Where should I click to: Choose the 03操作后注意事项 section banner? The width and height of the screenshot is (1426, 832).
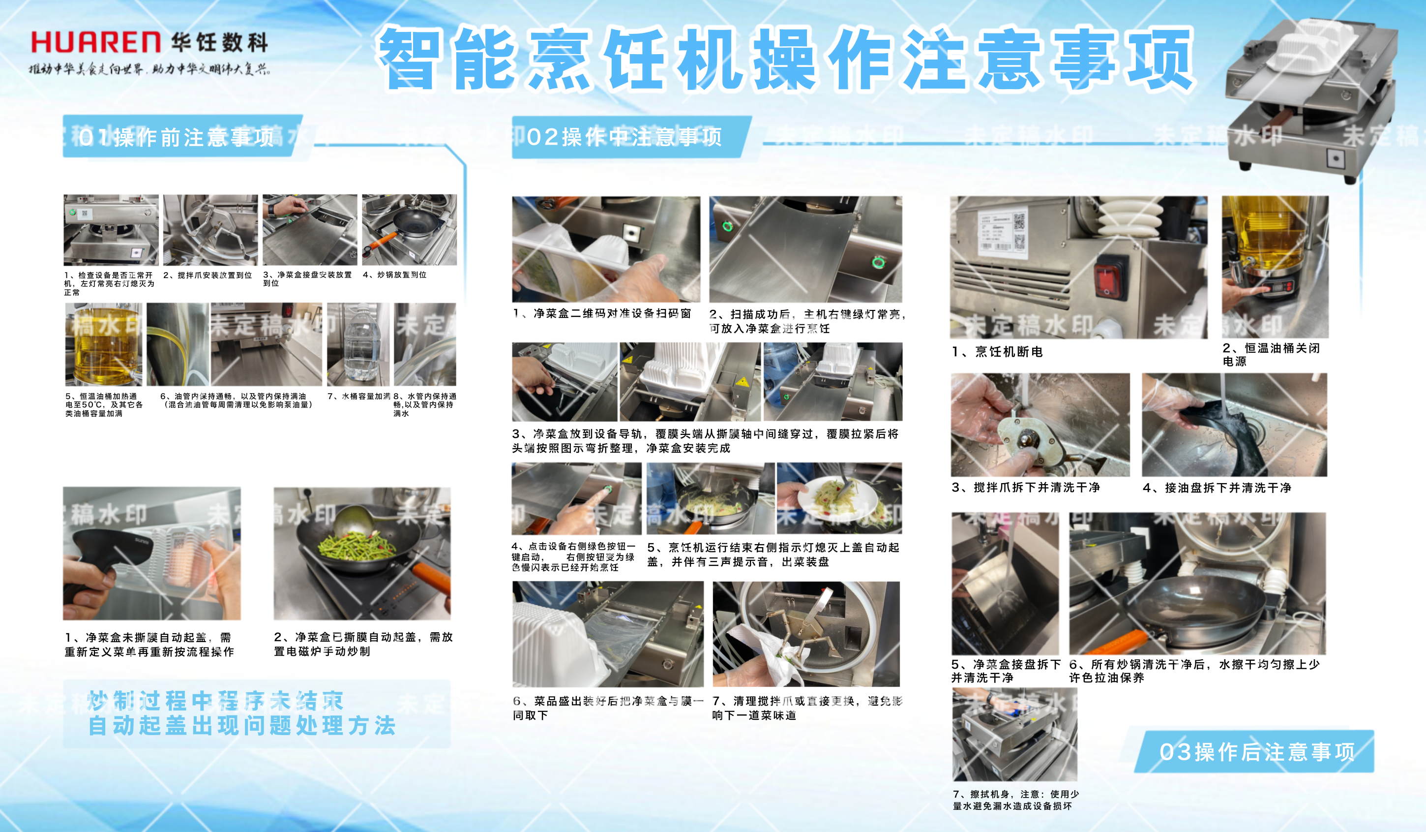1256,752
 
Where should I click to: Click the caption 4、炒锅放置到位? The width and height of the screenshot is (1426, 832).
394,275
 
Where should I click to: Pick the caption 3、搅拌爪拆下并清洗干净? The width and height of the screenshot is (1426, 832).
1025,487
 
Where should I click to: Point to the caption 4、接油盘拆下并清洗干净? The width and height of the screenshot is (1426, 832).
1217,488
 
